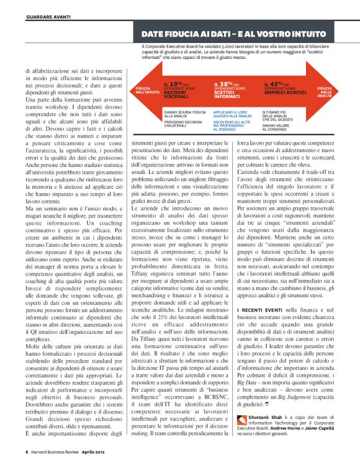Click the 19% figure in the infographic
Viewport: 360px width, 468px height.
click(176, 84)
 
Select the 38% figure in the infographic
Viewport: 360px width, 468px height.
click(227, 84)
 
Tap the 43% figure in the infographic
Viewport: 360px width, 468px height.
click(277, 84)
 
